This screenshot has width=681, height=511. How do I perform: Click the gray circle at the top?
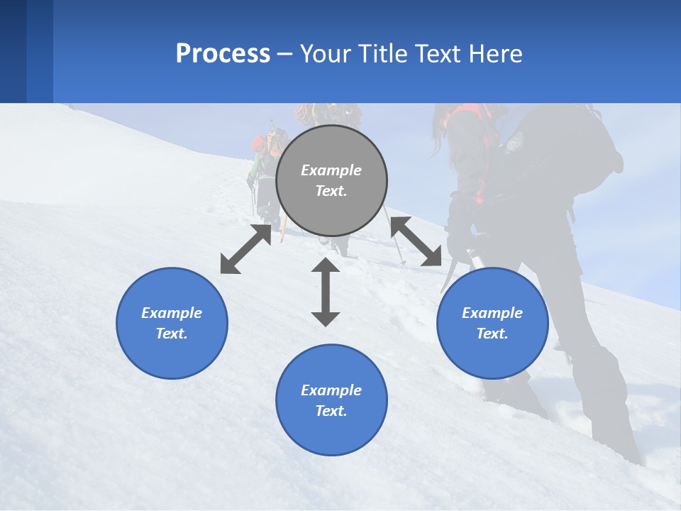click(331, 181)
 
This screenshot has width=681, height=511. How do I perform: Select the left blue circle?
click(172, 323)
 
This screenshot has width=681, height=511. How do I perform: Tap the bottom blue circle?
click(331, 400)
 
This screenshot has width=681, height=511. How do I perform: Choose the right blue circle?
click(492, 323)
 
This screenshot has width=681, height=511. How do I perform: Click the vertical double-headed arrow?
click(326, 292)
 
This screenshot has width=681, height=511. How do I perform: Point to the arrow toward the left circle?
click(245, 249)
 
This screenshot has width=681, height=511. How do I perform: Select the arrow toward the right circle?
click(416, 241)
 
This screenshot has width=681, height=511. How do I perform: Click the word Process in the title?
click(223, 53)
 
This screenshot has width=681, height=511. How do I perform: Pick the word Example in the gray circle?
click(331, 170)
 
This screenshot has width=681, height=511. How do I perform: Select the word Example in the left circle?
click(172, 313)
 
